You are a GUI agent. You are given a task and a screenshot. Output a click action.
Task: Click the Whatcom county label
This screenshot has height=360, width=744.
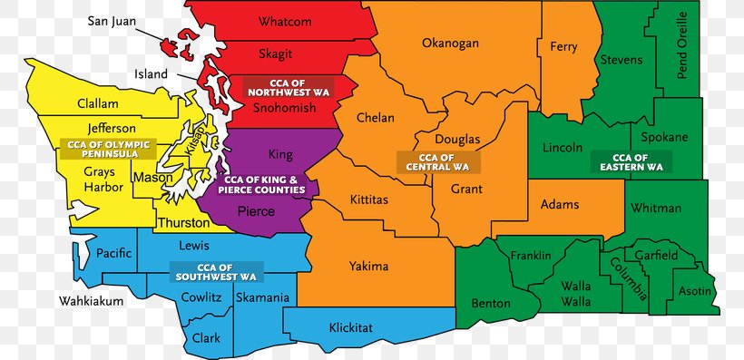[284, 22]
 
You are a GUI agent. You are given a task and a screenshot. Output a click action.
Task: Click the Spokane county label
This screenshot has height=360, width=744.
[664, 137]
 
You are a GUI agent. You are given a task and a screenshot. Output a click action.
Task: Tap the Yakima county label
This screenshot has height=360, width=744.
[368, 266]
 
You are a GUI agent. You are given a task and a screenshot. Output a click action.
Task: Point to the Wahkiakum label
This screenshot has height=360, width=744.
[89, 300]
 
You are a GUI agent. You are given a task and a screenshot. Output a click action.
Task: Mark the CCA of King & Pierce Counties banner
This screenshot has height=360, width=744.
[265, 185]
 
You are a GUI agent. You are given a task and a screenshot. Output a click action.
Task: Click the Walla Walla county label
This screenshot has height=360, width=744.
[575, 293]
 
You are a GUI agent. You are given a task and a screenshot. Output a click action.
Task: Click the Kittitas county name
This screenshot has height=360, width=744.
[371, 197]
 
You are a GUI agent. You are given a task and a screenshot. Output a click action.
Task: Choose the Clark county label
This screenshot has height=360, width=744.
[206, 338]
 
